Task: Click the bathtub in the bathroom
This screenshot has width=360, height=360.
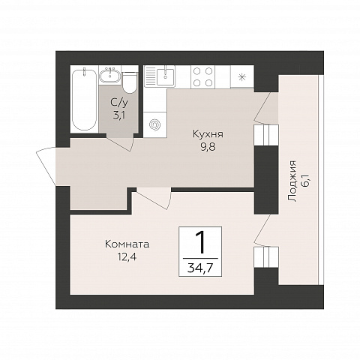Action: tap(84, 99)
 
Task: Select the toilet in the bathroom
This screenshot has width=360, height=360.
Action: tap(130, 82)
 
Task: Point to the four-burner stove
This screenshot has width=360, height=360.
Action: tap(202, 76)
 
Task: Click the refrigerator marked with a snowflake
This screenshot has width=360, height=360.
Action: tap(241, 76)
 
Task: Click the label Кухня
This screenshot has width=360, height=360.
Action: tap(208, 134)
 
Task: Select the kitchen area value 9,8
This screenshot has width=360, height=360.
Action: tap(208, 147)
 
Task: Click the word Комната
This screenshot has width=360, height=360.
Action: tap(127, 244)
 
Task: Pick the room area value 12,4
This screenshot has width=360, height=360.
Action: tap(127, 256)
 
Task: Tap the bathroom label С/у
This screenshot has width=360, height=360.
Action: tap(119, 103)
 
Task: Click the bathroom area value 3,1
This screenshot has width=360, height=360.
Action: tap(119, 115)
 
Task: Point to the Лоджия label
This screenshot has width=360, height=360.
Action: tap(292, 181)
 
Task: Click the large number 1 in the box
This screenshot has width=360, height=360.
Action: tap(200, 241)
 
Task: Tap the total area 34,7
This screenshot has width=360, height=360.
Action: tap(200, 268)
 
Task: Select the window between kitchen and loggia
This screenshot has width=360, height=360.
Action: tap(266, 135)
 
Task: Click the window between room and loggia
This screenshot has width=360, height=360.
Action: tap(266, 257)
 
